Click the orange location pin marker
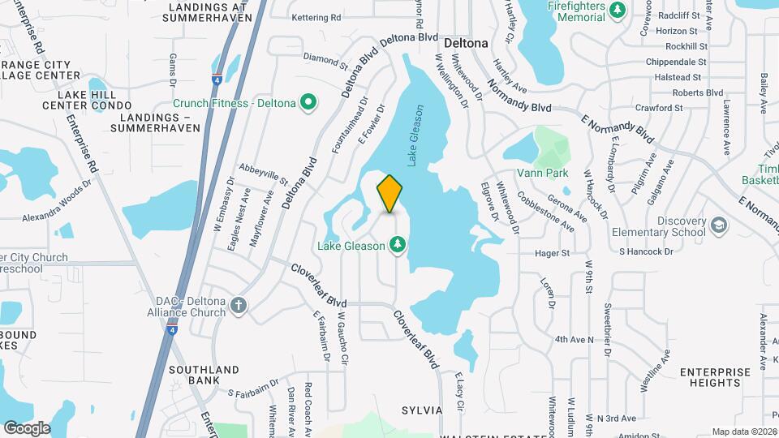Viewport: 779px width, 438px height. coord(389,193)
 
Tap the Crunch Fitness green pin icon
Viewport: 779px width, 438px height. coord(308,102)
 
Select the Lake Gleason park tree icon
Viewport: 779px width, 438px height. coord(398,243)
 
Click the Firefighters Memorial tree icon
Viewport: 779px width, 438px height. coord(618,9)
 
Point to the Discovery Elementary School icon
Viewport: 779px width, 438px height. coord(718,224)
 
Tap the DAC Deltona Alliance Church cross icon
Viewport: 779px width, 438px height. coord(238,305)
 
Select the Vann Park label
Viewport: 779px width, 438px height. coord(543,174)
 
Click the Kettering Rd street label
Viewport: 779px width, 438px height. coord(316,17)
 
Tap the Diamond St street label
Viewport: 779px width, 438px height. coord(325,58)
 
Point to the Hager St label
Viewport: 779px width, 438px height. coord(553,253)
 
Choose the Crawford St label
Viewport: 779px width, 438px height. coord(659,108)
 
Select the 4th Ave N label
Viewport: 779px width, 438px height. coord(575,339)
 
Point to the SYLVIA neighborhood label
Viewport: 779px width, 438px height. coord(420,410)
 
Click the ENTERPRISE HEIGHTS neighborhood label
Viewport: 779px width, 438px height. coord(715,377)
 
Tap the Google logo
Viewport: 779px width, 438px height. coord(27,428)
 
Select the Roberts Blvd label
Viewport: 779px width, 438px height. coord(697,92)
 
